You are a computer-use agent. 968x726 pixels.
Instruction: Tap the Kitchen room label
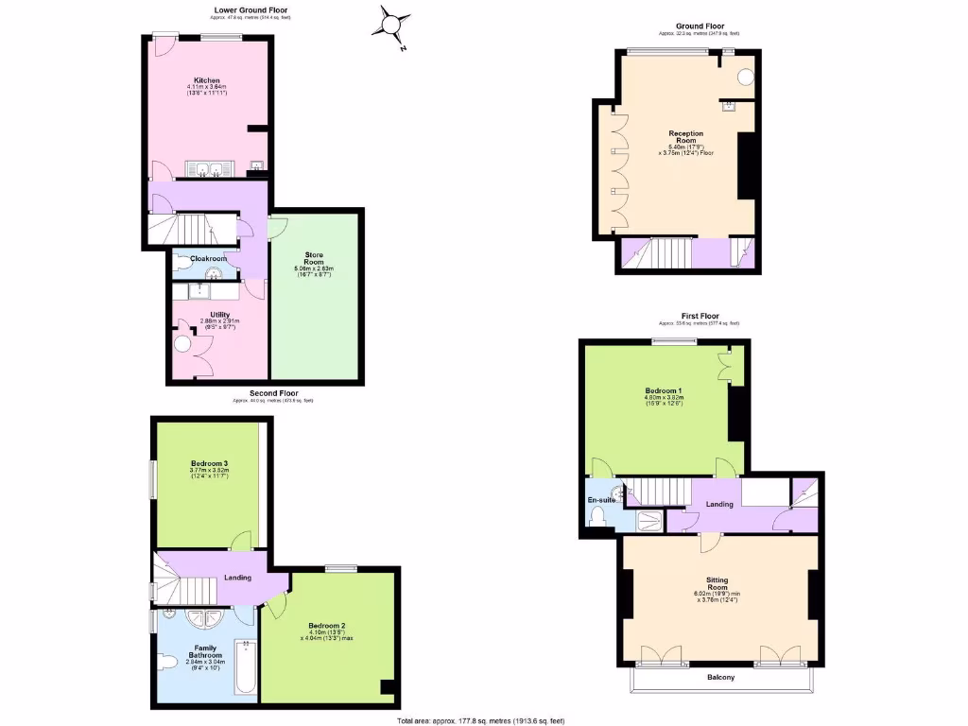pyautogui.click(x=208, y=80)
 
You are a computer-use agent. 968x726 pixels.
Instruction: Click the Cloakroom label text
pyautogui.click(x=209, y=258)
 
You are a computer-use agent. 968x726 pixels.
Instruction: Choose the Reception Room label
pyautogui.click(x=686, y=137)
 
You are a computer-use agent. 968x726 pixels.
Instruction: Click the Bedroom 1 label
pyautogui.click(x=663, y=391)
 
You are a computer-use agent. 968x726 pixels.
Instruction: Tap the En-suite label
pyautogui.click(x=600, y=499)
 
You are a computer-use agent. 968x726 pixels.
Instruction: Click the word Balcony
pyautogui.click(x=720, y=678)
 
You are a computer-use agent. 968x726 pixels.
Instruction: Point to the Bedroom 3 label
pyautogui.click(x=209, y=463)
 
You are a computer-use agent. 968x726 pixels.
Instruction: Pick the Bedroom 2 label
pyautogui.click(x=327, y=626)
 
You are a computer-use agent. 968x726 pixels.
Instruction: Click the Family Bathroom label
pyautogui.click(x=203, y=651)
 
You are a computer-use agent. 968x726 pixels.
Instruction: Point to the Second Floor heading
pyautogui.click(x=274, y=392)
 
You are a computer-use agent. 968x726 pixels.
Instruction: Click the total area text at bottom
pyautogui.click(x=483, y=720)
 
